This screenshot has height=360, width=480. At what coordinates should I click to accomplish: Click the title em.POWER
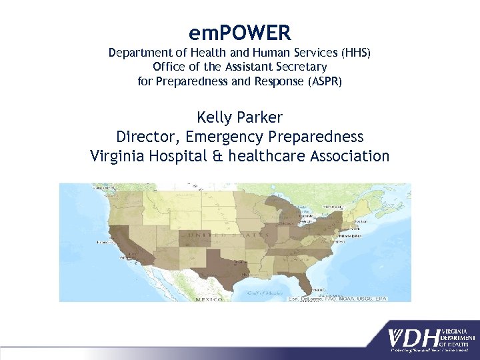(239, 31)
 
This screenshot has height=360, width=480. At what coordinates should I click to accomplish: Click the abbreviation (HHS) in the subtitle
(354, 53)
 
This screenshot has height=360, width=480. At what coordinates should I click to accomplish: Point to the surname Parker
(261, 118)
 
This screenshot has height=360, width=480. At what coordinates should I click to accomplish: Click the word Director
(147, 137)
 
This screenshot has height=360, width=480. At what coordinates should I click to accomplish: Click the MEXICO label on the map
(208, 299)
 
